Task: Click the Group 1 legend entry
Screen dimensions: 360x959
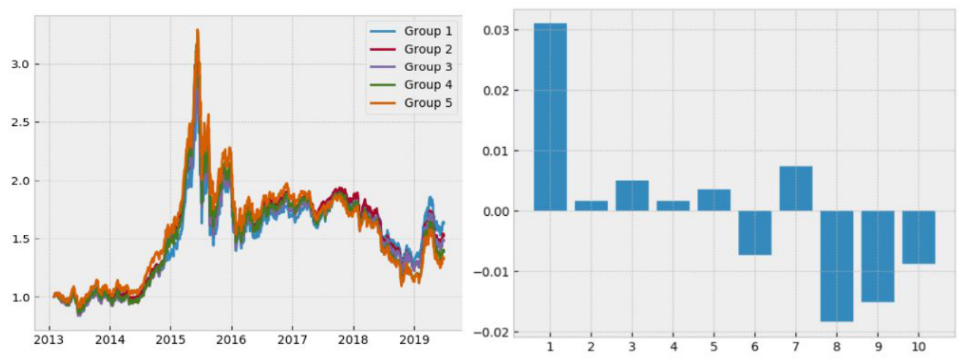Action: click(x=428, y=31)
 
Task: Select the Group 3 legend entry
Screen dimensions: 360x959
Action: click(x=428, y=67)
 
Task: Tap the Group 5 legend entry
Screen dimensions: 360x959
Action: click(x=428, y=102)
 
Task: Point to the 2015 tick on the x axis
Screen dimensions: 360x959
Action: click(x=170, y=341)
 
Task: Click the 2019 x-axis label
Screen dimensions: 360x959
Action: click(x=413, y=341)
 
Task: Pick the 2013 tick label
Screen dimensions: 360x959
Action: click(x=48, y=341)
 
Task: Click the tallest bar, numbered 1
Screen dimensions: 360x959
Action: click(x=550, y=117)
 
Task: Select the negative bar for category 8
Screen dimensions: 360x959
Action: click(x=836, y=266)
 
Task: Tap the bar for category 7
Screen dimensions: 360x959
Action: click(x=795, y=189)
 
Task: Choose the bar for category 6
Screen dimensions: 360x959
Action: click(x=754, y=233)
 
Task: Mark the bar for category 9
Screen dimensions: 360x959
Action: click(x=877, y=256)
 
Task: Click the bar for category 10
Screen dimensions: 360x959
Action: click(x=918, y=237)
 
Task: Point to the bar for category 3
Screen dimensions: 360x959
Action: click(x=632, y=196)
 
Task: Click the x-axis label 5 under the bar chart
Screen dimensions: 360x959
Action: click(x=713, y=347)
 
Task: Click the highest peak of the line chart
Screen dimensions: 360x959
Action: click(x=198, y=30)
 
